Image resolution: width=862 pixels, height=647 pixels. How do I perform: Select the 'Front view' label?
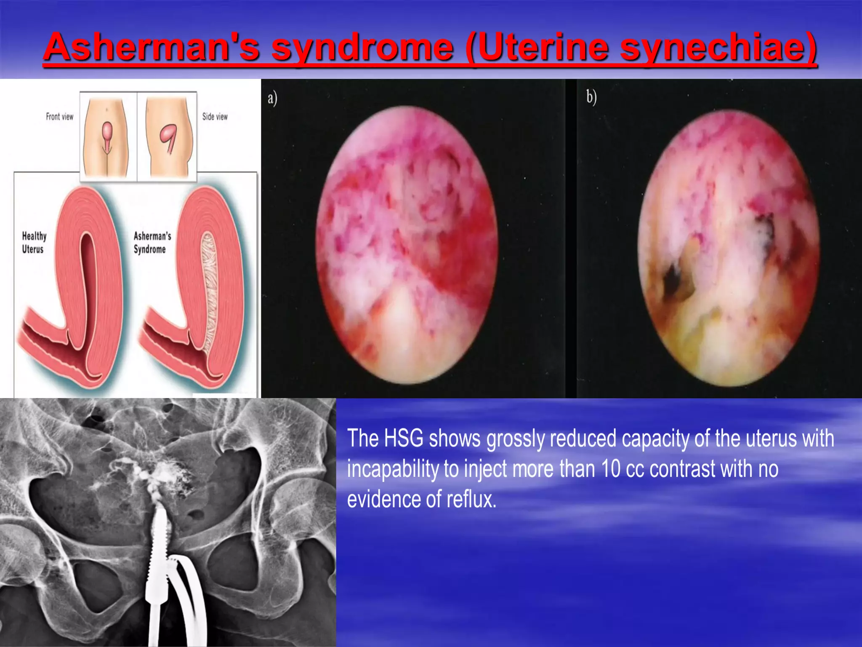pyautogui.click(x=59, y=117)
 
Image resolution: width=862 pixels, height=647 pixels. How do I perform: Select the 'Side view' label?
pyautogui.click(x=215, y=117)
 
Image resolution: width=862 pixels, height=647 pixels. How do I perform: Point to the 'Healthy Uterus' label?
pyautogui.click(x=34, y=242)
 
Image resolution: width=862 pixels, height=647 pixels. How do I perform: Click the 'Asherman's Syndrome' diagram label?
pyautogui.click(x=152, y=242)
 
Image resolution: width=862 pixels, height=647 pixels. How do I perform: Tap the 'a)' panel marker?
pyautogui.click(x=272, y=98)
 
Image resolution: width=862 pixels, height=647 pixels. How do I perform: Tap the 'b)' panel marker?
pyautogui.click(x=591, y=97)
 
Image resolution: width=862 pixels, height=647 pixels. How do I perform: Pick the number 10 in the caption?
pyautogui.click(x=610, y=468)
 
